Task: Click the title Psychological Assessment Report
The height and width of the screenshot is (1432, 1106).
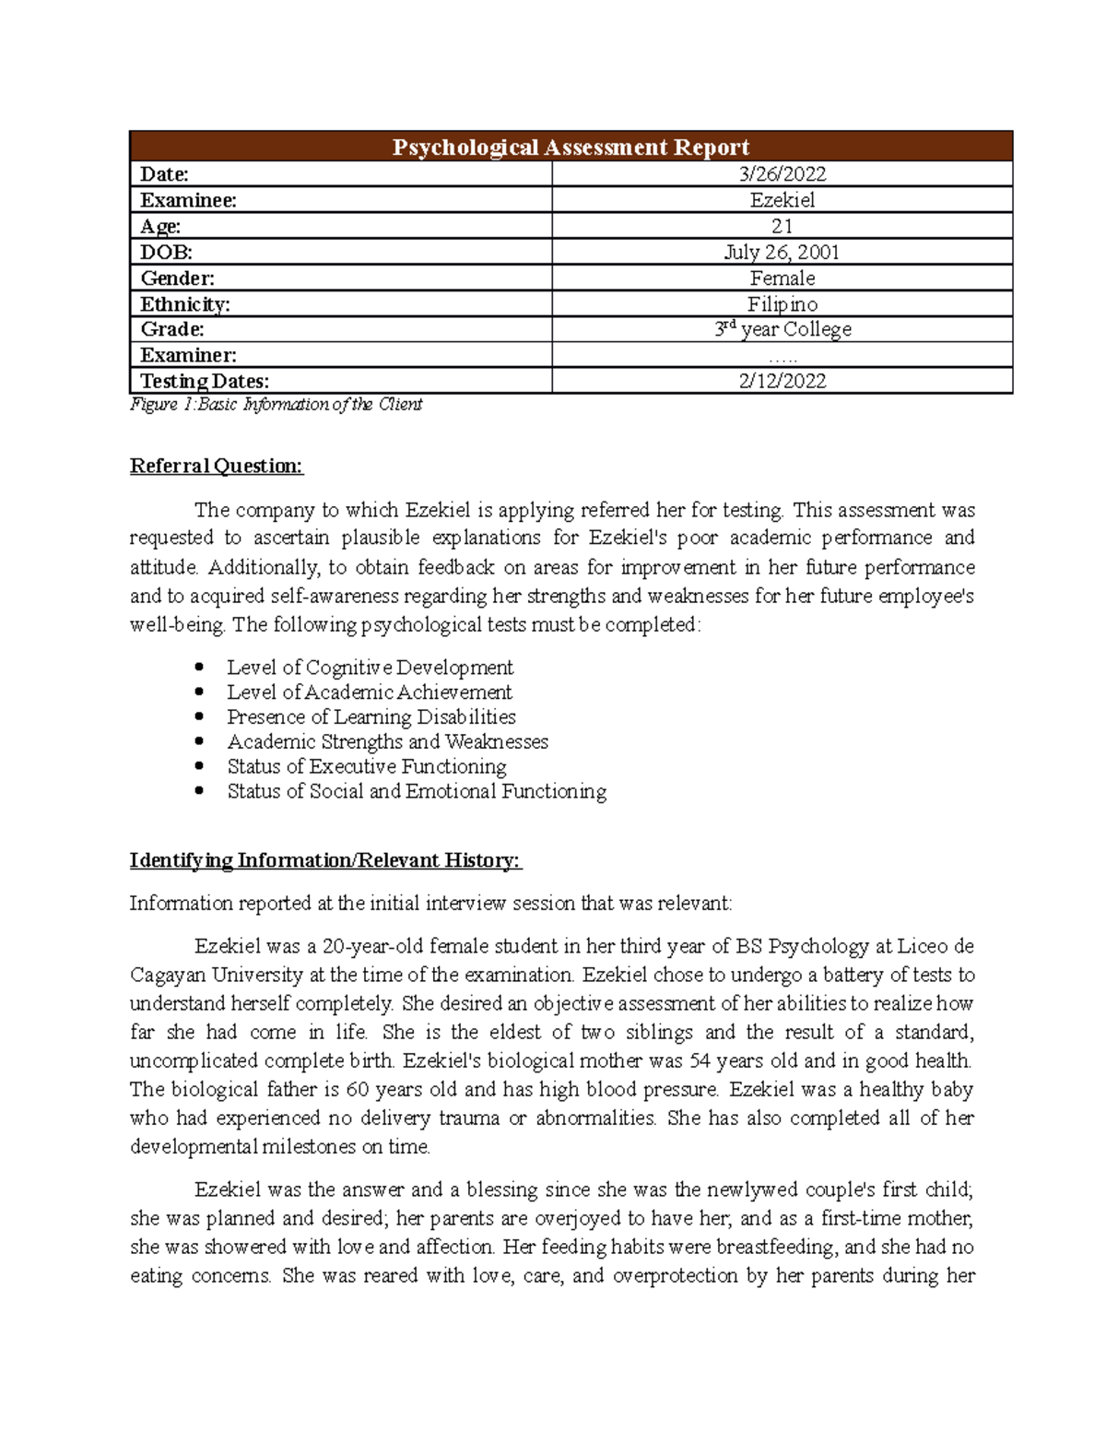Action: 571,148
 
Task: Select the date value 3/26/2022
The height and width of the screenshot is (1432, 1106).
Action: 782,174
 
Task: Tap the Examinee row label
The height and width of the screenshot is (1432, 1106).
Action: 188,200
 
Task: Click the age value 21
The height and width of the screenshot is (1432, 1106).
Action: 782,226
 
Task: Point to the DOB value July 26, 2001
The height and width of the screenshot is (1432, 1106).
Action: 782,252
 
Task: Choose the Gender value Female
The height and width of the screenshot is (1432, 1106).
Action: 782,278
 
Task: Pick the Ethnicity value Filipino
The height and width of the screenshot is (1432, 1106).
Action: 782,303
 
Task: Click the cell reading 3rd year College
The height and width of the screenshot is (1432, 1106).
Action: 782,329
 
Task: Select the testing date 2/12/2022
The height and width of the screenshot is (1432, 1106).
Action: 782,381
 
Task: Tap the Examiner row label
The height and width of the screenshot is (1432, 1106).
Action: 188,355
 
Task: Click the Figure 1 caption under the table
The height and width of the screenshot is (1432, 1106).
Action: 276,404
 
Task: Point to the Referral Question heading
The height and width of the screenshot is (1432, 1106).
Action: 216,466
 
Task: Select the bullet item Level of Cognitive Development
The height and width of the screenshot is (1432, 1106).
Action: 370,667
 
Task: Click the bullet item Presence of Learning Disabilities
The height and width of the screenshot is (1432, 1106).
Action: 371,716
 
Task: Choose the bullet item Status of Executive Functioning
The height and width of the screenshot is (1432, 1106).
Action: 367,766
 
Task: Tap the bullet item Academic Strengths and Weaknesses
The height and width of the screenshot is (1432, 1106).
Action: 387,741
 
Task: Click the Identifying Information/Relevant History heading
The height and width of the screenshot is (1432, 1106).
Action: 324,860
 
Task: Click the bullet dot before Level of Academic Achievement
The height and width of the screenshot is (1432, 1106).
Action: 199,692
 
